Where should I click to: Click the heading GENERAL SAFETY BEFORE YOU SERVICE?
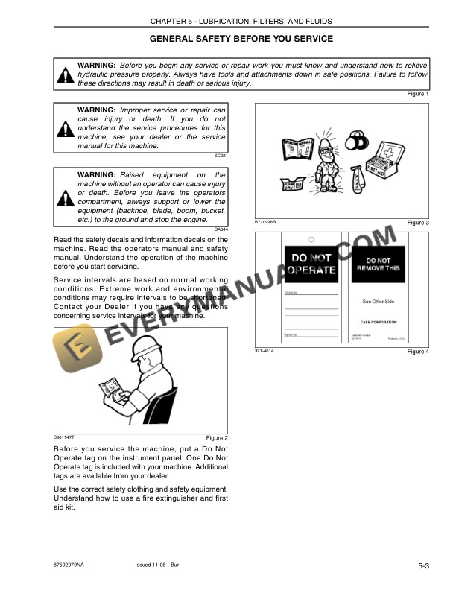click(241, 38)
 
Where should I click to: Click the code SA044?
click(221, 229)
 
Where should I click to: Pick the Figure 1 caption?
click(418, 94)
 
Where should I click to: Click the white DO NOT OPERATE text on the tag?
click(311, 264)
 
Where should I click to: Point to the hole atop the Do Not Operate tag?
click(311, 239)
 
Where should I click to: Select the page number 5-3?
click(422, 567)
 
